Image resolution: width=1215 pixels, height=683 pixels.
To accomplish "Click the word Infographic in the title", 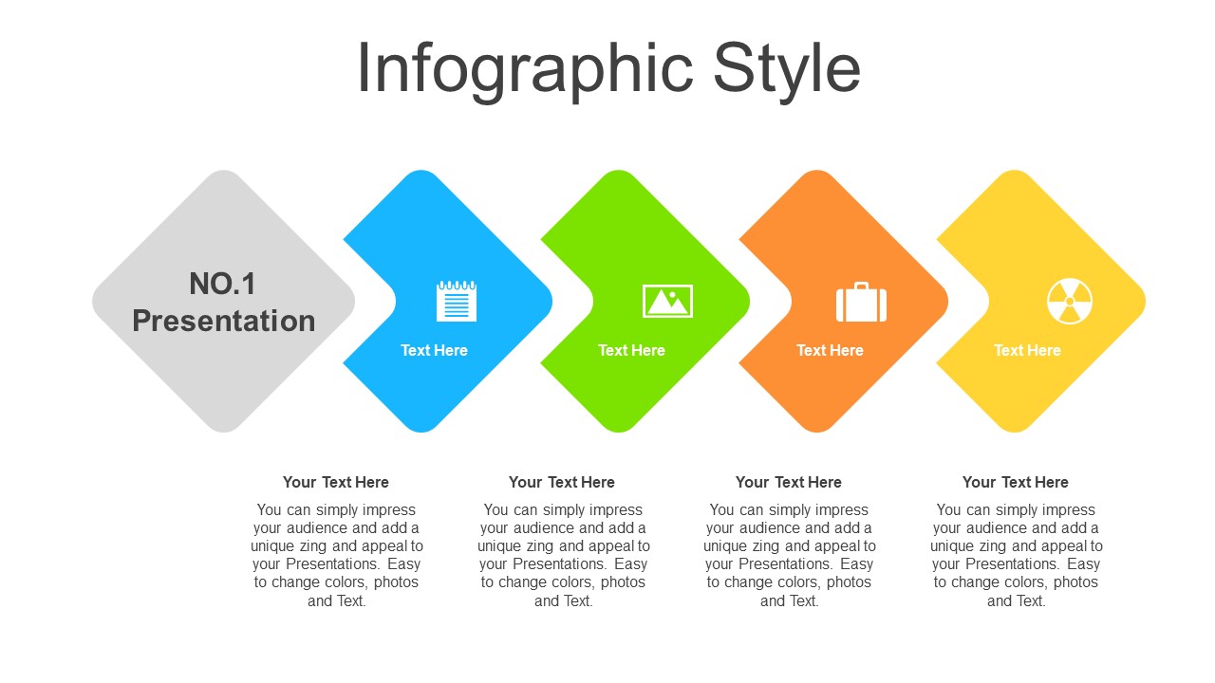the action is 526,71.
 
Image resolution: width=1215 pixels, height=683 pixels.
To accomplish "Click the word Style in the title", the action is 787,71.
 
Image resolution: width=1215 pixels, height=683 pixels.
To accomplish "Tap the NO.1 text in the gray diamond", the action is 222,284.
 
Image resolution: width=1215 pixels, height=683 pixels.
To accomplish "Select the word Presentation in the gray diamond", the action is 224,321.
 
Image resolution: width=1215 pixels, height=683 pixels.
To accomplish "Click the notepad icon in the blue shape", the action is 457,301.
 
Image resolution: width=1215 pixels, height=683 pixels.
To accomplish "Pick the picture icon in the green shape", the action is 667,301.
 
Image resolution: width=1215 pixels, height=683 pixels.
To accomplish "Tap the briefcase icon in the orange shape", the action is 861,302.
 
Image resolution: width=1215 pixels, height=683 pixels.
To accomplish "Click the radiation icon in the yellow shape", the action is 1070,302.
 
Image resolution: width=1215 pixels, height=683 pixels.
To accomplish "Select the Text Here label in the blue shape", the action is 434,351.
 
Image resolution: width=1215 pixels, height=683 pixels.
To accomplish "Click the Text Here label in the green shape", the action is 631,351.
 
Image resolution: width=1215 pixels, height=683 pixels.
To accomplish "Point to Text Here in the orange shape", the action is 830,351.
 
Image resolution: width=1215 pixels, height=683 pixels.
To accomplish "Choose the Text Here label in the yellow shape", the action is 1027,351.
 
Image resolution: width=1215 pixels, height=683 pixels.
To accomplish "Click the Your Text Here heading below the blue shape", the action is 336,483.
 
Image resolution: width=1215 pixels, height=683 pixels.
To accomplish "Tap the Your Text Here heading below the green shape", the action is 562,483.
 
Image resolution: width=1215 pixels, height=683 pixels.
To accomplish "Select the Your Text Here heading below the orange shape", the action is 789,483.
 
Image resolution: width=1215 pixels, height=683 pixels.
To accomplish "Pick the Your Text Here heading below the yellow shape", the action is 1016,483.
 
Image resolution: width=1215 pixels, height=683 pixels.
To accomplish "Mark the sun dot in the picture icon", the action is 672,294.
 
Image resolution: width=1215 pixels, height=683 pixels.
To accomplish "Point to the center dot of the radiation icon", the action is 1070,302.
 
